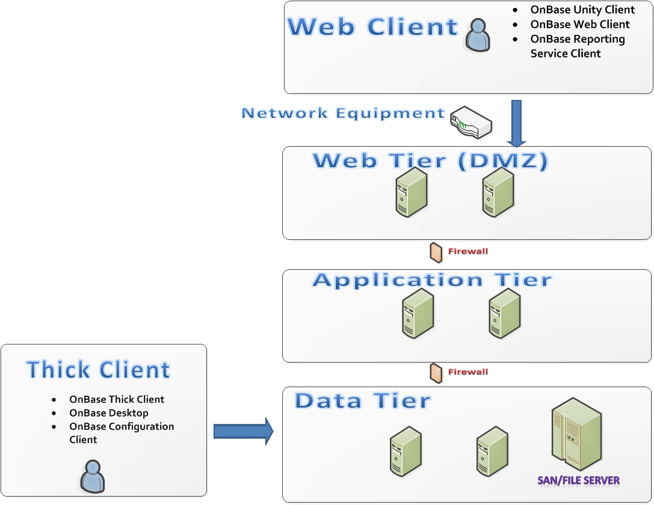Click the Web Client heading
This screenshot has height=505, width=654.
pyautogui.click(x=372, y=28)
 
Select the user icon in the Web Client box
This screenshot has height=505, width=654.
pyautogui.click(x=478, y=35)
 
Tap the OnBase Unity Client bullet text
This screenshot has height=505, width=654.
pyautogui.click(x=582, y=10)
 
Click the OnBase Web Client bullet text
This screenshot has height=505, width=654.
pyautogui.click(x=579, y=25)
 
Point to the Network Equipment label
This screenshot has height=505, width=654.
pyautogui.click(x=343, y=113)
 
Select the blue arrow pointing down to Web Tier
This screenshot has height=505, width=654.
pyautogui.click(x=516, y=123)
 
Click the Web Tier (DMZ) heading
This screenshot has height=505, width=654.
pyautogui.click(x=430, y=161)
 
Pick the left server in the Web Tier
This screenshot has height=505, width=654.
pyautogui.click(x=412, y=192)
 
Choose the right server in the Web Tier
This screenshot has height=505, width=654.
pyautogui.click(x=498, y=192)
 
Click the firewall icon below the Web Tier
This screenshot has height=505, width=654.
pyautogui.click(x=436, y=252)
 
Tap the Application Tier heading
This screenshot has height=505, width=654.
pyautogui.click(x=432, y=280)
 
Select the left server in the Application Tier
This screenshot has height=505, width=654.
pyautogui.click(x=418, y=313)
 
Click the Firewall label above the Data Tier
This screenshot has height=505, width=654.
pyautogui.click(x=467, y=372)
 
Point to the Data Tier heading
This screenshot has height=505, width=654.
pyautogui.click(x=363, y=401)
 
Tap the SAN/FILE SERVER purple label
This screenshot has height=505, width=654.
pyautogui.click(x=578, y=480)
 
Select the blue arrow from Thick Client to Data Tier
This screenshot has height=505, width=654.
pyautogui.click(x=243, y=431)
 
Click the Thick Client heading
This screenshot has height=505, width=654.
pyautogui.click(x=99, y=370)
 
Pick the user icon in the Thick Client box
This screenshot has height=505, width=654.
pyautogui.click(x=92, y=476)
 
